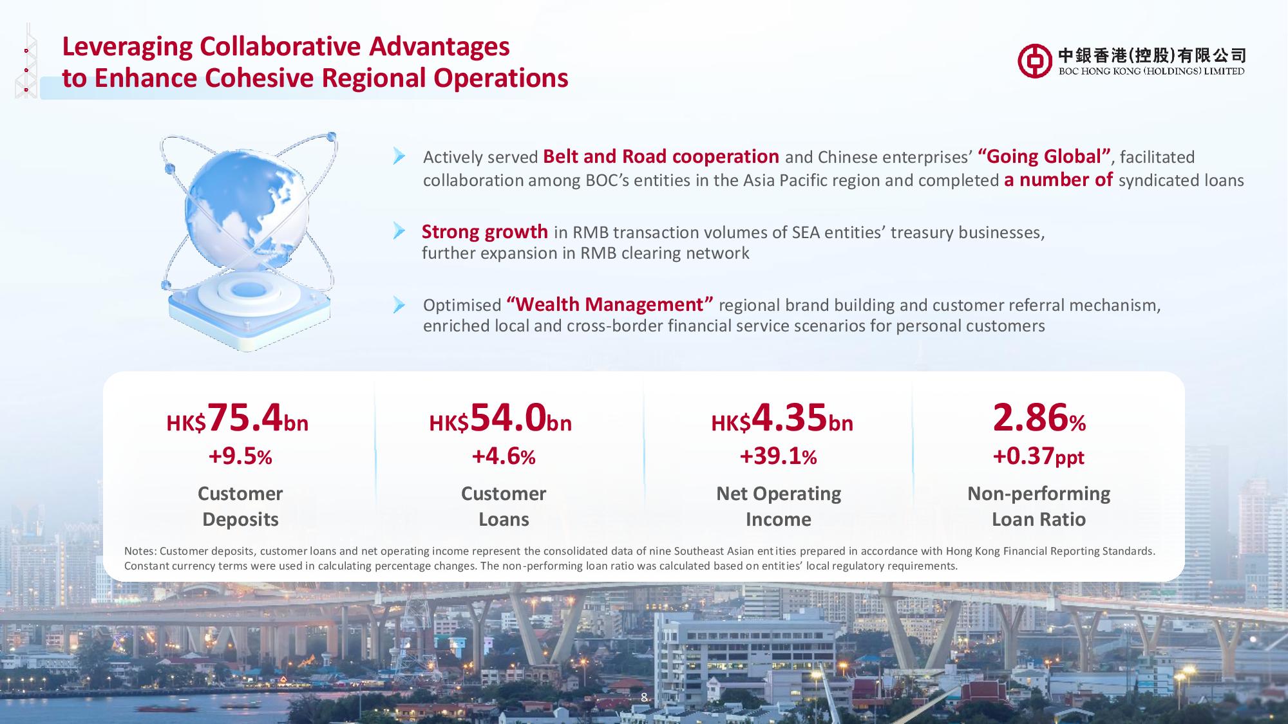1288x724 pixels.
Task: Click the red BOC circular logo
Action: click(x=1035, y=61)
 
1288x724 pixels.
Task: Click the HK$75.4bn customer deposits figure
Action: click(x=238, y=418)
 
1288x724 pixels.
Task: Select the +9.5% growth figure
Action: click(x=240, y=457)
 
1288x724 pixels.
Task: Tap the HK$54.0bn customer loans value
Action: click(x=500, y=418)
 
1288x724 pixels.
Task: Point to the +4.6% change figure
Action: click(x=504, y=457)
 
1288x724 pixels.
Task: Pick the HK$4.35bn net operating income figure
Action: click(x=782, y=418)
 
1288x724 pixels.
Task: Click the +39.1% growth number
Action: click(x=778, y=457)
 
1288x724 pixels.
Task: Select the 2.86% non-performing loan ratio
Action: click(x=1039, y=418)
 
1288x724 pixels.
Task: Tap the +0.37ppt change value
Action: click(x=1038, y=457)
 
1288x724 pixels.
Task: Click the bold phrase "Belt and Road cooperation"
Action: click(x=661, y=157)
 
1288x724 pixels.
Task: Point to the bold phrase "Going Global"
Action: click(x=1045, y=157)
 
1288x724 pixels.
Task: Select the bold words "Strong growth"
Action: click(x=485, y=232)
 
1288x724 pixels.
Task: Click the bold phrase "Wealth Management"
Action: click(x=610, y=304)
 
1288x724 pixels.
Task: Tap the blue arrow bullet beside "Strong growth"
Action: click(x=399, y=231)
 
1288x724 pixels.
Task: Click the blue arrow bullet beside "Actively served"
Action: click(x=399, y=156)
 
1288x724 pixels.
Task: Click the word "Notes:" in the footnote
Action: click(x=140, y=552)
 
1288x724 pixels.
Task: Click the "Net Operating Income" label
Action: click(x=779, y=506)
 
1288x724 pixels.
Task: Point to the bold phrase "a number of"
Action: click(x=1058, y=180)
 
